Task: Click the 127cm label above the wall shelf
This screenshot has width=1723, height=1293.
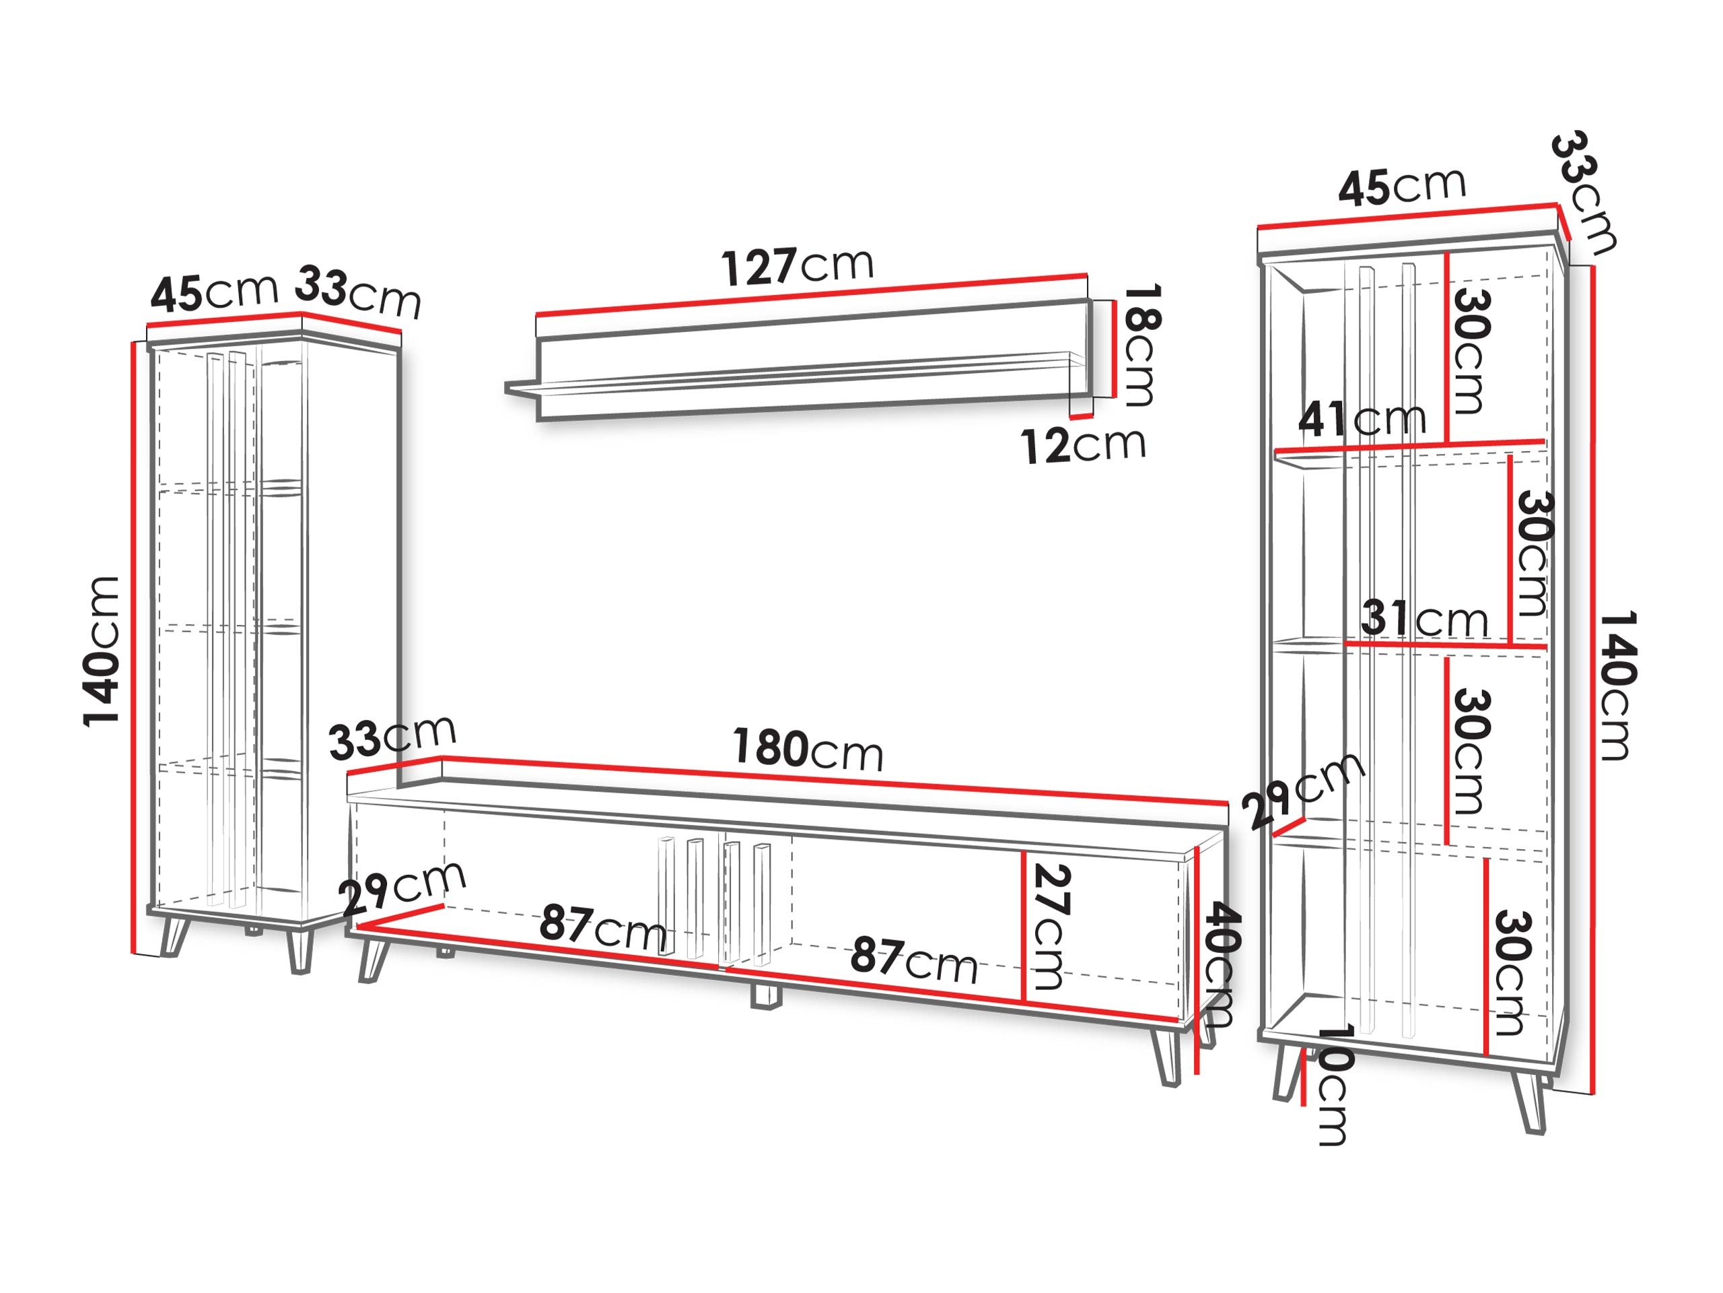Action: [798, 267]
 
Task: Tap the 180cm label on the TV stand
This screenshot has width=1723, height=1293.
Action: [808, 749]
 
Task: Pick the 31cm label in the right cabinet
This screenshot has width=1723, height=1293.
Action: [1424, 620]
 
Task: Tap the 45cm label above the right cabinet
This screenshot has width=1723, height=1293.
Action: [1402, 187]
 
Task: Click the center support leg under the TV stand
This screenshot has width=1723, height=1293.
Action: [765, 997]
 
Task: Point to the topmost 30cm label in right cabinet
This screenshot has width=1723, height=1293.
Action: [1471, 351]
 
